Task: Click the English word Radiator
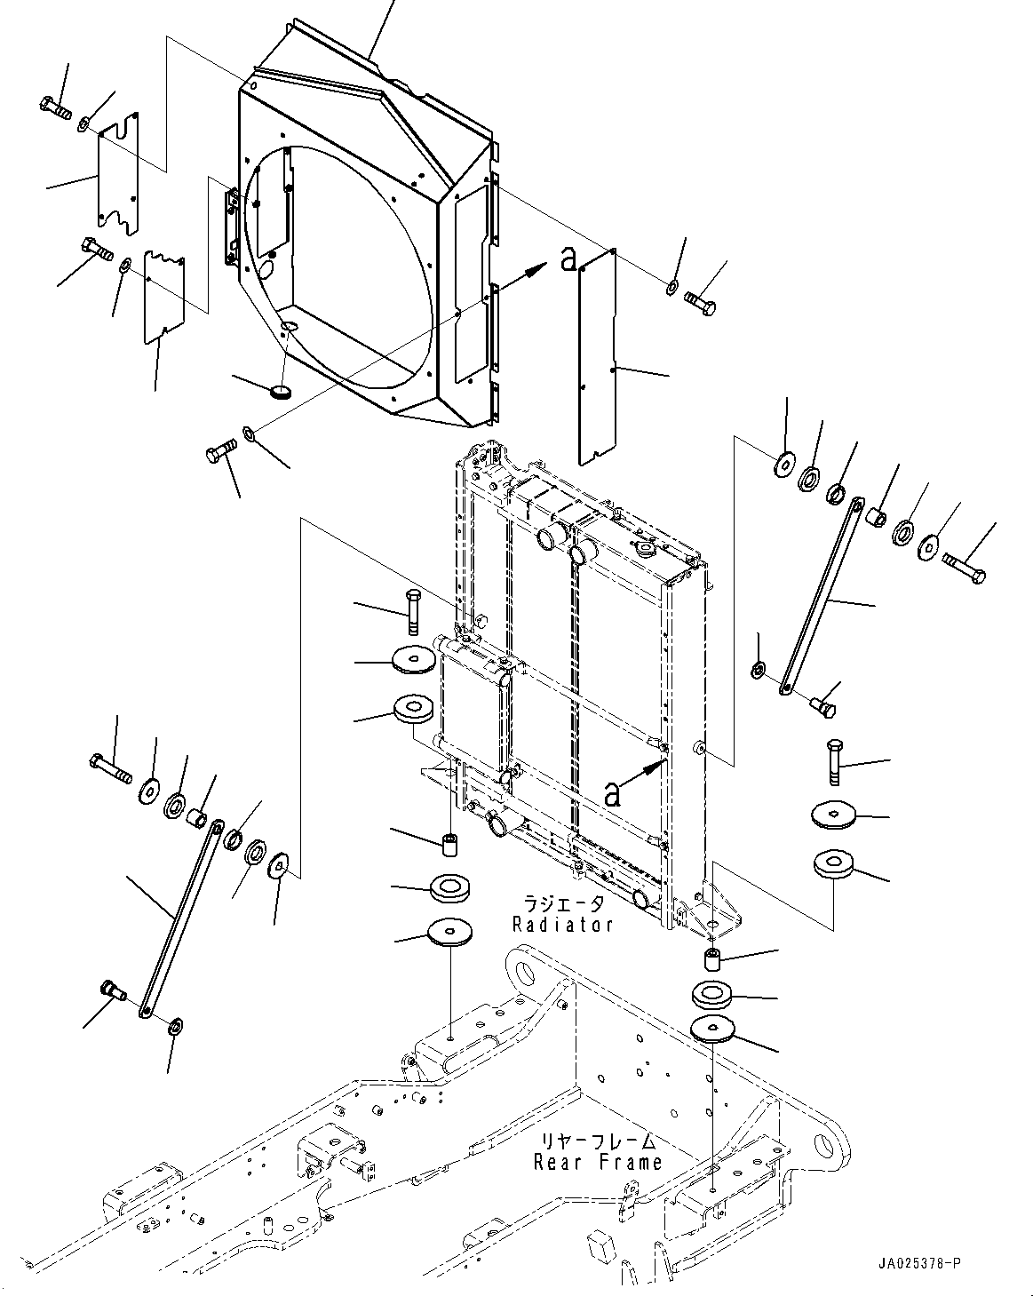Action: pyautogui.click(x=562, y=924)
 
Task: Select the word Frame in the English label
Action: pyautogui.click(x=631, y=1162)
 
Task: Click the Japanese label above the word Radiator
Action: pyautogui.click(x=563, y=903)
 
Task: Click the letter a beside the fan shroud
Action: pyautogui.click(x=568, y=259)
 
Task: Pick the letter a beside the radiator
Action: pyautogui.click(x=612, y=794)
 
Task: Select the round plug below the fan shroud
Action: pyautogui.click(x=280, y=392)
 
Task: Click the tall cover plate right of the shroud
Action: pyautogui.click(x=598, y=358)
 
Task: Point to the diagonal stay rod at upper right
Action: pyautogui.click(x=822, y=596)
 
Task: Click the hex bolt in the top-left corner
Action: pyautogui.click(x=55, y=107)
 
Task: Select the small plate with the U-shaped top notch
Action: pyautogui.click(x=119, y=173)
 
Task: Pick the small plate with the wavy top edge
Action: pyautogui.click(x=164, y=298)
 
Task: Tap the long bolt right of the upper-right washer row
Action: pyautogui.click(x=965, y=568)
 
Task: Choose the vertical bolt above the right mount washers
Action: pyautogui.click(x=835, y=762)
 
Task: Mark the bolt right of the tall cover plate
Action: pyautogui.click(x=701, y=304)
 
